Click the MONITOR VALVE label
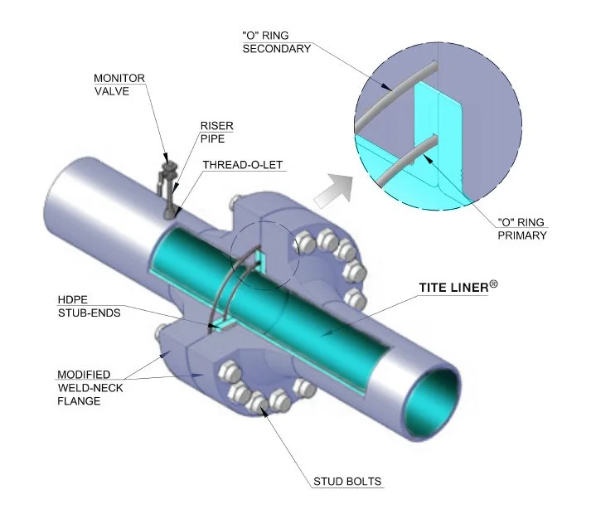119,85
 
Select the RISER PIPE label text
216,133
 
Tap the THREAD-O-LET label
245,165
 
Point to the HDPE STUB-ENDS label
85,307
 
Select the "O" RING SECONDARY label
275,41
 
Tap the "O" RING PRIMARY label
522,229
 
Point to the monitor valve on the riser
169,172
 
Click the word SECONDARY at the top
275,49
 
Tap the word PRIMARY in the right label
522,236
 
